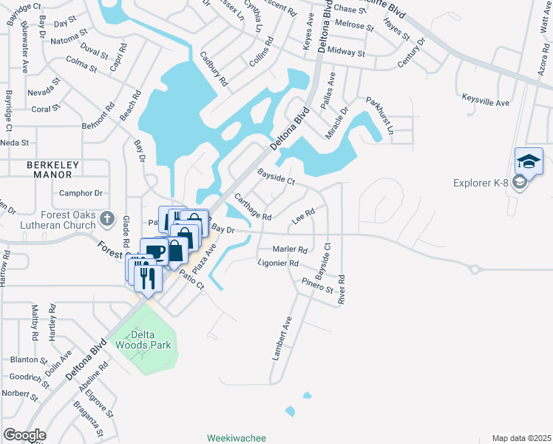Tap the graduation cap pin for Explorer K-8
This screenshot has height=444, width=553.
coord(529,161)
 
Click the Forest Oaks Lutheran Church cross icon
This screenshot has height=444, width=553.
coord(107,218)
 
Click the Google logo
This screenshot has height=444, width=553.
coord(24,435)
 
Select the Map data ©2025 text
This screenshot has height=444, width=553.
coord(521,438)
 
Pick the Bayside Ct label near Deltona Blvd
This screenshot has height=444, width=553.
coord(276,178)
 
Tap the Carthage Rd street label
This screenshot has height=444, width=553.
coord(253,207)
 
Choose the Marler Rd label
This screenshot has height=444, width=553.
coord(290,249)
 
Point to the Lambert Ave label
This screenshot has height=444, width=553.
coord(282,338)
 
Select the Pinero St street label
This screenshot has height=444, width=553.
coord(318,285)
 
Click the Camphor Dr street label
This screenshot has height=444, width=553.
coord(80,193)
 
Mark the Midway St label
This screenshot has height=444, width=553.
coord(346,53)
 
